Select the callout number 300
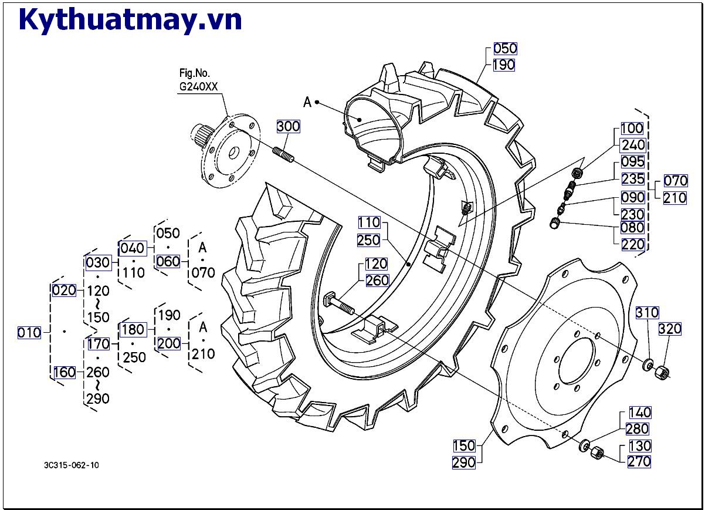pos(288,126)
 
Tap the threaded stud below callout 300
pos(283,155)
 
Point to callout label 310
pos(647,313)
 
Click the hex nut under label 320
pos(662,370)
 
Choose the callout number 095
pos(633,162)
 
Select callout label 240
pos(633,145)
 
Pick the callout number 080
pos(632,228)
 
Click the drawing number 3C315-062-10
pos(72,465)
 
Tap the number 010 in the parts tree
pos(29,333)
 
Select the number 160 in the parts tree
pos(65,372)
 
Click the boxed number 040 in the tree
pos(132,247)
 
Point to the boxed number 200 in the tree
pos(169,343)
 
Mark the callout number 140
pos(640,413)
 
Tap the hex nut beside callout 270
pos(598,453)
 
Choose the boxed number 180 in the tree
pos(133,328)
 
